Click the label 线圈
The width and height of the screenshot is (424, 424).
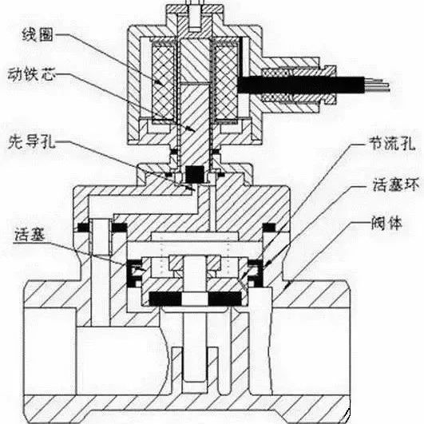point(38,35)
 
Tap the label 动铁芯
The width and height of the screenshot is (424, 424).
point(31,73)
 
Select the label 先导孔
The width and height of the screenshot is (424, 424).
point(32,141)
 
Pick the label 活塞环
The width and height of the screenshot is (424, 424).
point(395,184)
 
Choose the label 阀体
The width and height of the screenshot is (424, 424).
point(387,223)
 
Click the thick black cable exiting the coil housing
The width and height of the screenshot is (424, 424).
point(301,85)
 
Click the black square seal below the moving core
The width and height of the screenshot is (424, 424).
point(195,173)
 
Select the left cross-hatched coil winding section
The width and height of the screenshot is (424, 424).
point(163,82)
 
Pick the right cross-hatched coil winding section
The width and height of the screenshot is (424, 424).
point(226,82)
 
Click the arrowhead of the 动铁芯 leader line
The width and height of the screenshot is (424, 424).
point(192,129)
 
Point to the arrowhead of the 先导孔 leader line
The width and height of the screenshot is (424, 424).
point(192,188)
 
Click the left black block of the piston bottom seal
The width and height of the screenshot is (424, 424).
point(165,299)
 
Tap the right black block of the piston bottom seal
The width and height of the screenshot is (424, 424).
point(224,299)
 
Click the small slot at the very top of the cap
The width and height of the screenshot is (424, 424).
point(195,16)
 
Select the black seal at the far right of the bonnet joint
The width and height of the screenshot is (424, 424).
point(269,227)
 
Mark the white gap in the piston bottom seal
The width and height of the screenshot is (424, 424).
point(195,299)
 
